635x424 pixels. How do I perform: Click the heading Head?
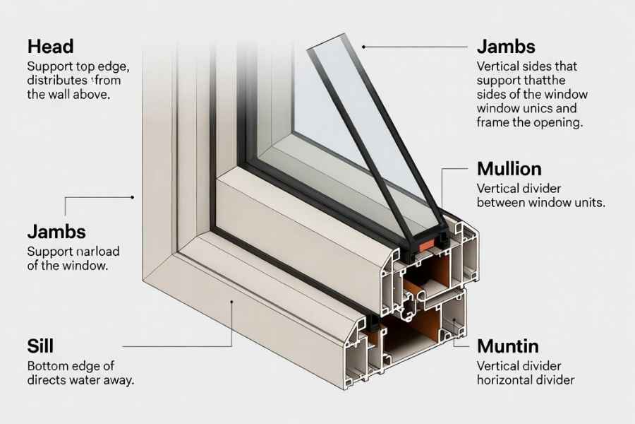[x=50, y=47]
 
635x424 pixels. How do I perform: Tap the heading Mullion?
[x=509, y=170]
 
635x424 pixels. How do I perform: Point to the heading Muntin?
[x=508, y=346]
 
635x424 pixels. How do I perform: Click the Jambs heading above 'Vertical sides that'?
[x=506, y=47]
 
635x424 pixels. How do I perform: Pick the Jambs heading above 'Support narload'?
[x=56, y=231]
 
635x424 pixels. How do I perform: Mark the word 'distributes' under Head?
[x=56, y=80]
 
